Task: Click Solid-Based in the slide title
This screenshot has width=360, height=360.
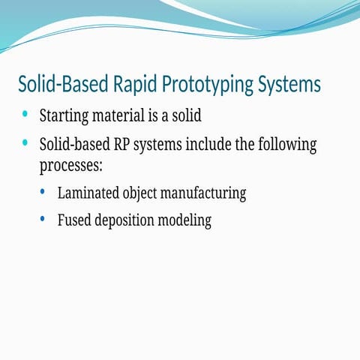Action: [57, 84]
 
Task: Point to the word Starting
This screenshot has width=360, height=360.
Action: [64, 117]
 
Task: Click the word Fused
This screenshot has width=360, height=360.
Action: [74, 220]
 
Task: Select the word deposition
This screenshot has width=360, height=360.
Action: [130, 221]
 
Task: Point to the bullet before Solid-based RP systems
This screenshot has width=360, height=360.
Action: [25, 142]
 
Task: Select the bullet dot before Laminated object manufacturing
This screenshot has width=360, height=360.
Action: [43, 192]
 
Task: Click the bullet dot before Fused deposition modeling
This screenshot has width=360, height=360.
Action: [43, 219]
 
